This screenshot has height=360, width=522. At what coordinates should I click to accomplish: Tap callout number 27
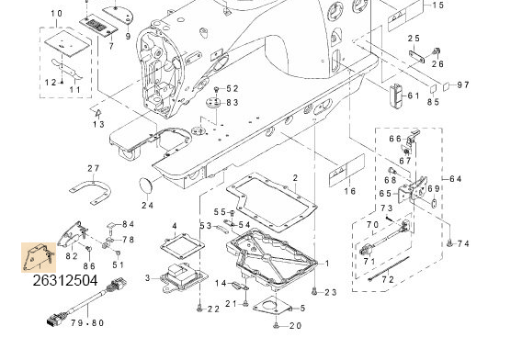(93, 168)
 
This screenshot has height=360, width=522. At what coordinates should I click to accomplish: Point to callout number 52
(233, 89)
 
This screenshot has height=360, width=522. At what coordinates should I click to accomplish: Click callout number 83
(233, 103)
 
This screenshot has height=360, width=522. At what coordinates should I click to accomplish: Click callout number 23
(331, 292)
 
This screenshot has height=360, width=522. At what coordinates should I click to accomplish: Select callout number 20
(295, 326)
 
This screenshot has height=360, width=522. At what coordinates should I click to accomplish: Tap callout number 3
(147, 277)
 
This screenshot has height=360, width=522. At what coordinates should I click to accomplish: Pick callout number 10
(56, 13)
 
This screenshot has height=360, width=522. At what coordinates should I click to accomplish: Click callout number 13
(98, 124)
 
